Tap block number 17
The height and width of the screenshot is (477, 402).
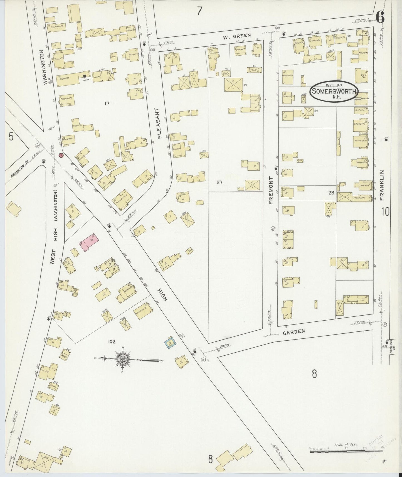click(x=107, y=104)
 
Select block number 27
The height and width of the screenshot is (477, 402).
click(x=220, y=182)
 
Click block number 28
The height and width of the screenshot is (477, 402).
click(x=331, y=192)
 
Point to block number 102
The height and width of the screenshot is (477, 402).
click(x=112, y=341)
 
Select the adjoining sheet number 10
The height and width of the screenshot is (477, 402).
click(x=386, y=212)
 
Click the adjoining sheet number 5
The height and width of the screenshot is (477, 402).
click(x=11, y=137)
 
